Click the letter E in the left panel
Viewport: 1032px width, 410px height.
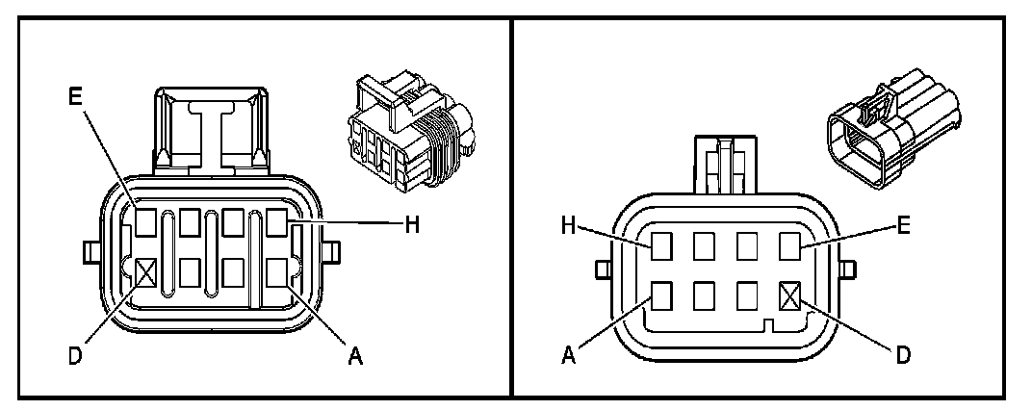pos(77,97)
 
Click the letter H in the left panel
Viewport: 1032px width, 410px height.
pos(412,225)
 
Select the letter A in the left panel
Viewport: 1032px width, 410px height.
pos(354,355)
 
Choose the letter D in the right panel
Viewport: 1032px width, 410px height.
pos(903,355)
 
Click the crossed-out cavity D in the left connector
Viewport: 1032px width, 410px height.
pos(145,274)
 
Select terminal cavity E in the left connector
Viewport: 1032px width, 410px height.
pos(145,223)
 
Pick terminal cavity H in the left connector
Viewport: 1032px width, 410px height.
pos(278,223)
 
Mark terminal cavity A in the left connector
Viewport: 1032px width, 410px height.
pos(278,274)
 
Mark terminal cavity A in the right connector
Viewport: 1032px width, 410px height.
pos(661,293)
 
